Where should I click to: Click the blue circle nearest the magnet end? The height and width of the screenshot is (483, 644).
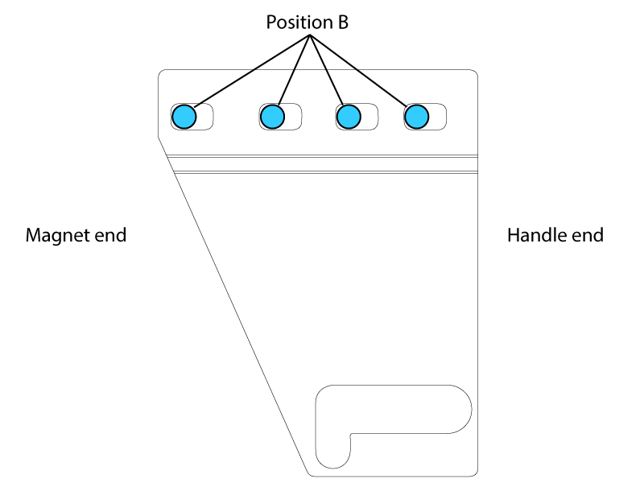[x=184, y=117]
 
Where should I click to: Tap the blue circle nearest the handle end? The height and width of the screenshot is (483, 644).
[x=415, y=118]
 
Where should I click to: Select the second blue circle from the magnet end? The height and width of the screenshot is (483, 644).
[x=272, y=118]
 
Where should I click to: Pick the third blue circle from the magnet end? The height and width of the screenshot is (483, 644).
[x=347, y=118]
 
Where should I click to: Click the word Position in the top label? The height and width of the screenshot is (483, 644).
[x=295, y=23]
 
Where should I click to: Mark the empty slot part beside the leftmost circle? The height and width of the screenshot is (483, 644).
[x=205, y=117]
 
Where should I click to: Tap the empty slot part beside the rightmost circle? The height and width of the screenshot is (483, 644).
[x=437, y=118]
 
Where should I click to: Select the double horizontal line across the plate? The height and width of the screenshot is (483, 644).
[x=322, y=163]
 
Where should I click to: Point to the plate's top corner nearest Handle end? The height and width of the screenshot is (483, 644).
[x=477, y=72]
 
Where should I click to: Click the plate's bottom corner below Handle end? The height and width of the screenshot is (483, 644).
[x=477, y=473]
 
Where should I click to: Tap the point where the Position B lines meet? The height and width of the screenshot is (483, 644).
[x=308, y=37]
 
